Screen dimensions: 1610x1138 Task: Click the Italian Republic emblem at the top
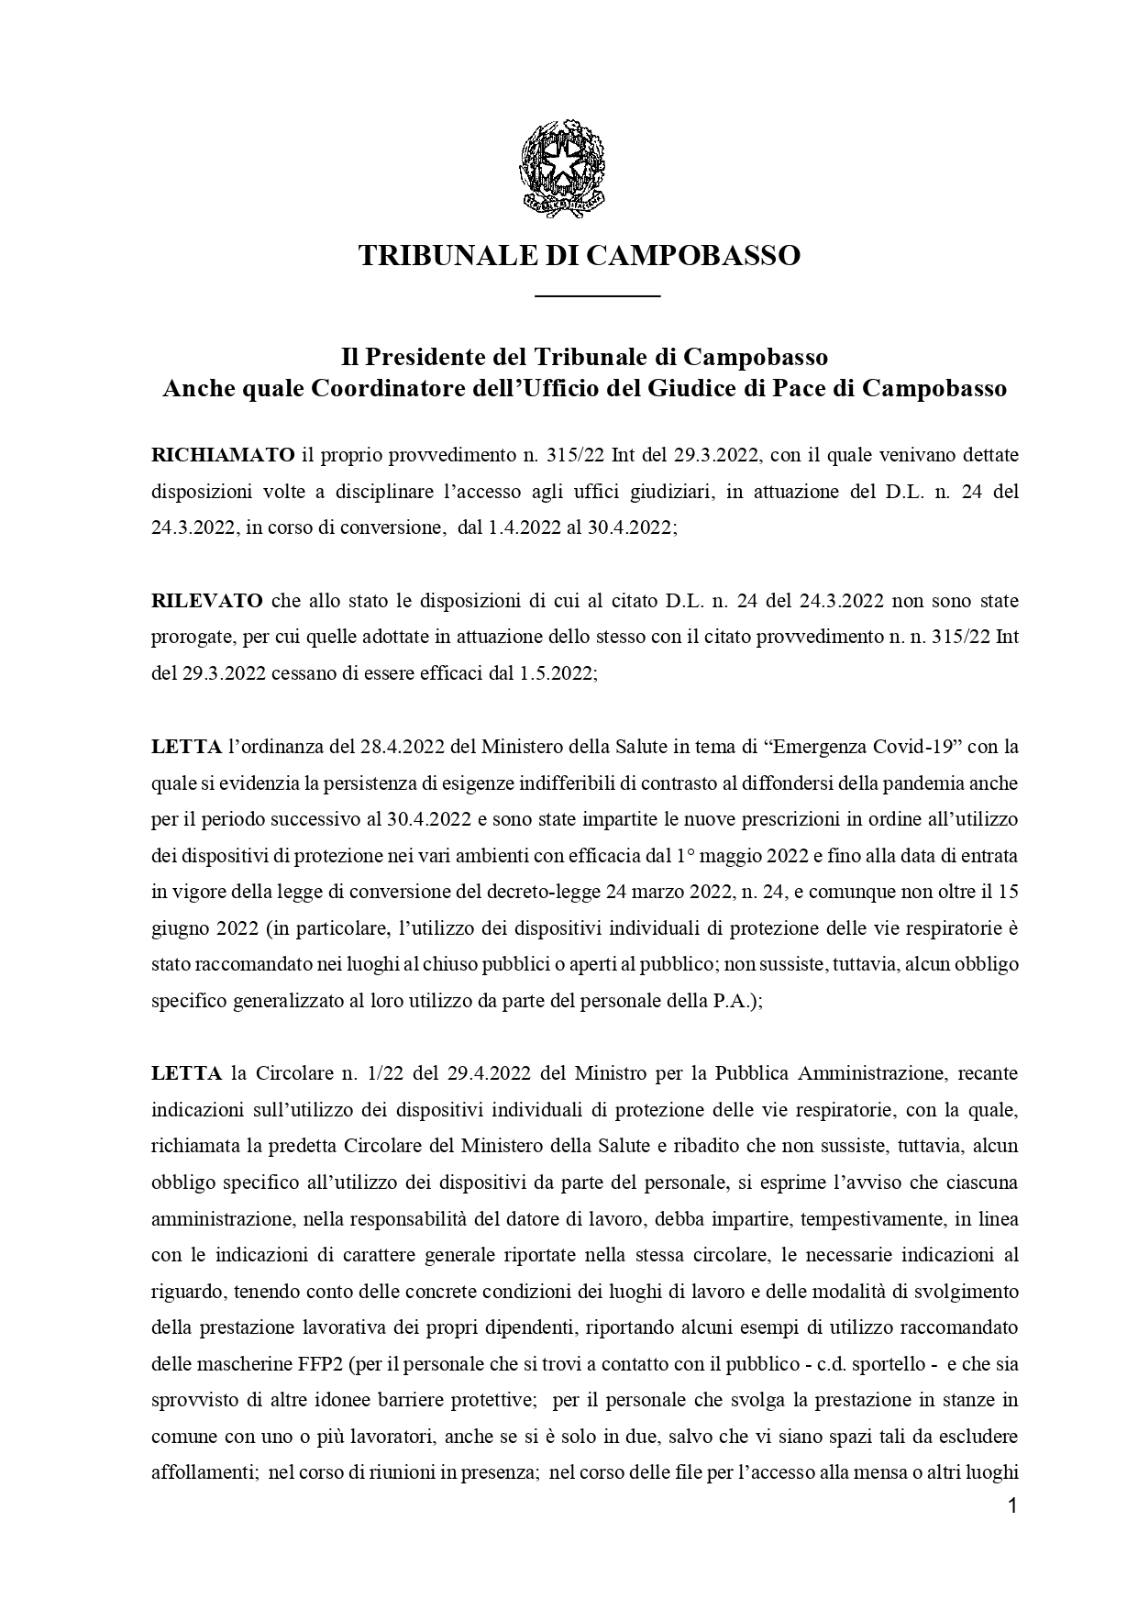[x=564, y=168]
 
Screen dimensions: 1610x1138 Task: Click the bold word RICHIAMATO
[x=223, y=455]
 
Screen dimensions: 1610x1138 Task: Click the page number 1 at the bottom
[x=1012, y=1506]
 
